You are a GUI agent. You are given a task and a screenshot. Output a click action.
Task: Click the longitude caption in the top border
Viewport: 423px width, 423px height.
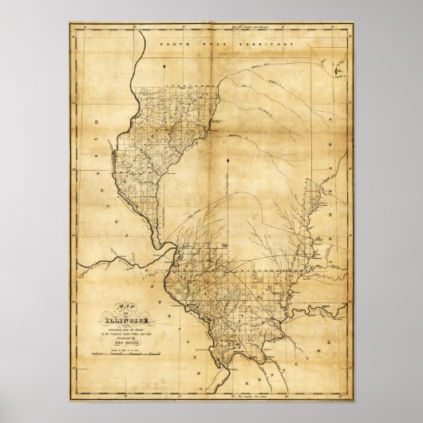pos(211,30)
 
